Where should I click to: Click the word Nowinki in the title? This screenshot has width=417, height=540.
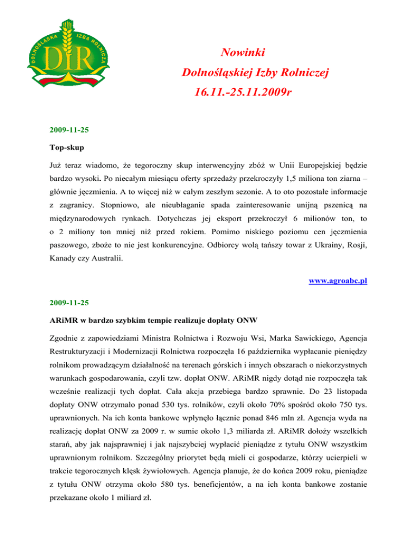(x=243, y=53)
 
